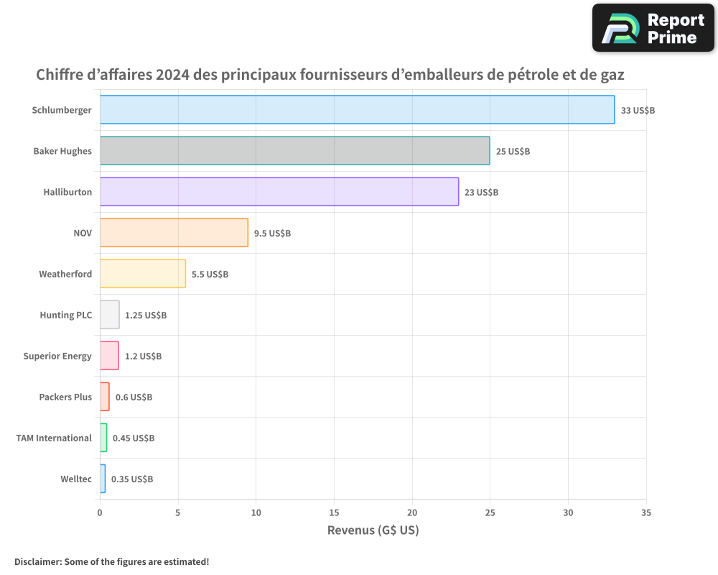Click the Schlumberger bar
pyautogui.click(x=357, y=110)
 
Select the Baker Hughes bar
pyautogui.click(x=294, y=151)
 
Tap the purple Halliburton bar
pyautogui.click(x=279, y=192)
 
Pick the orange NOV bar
pyautogui.click(x=174, y=233)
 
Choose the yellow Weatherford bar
pyautogui.click(x=142, y=274)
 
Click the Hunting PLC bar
pyautogui.click(x=109, y=315)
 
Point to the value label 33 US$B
pyautogui.click(x=638, y=110)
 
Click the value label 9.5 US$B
pyautogui.click(x=272, y=233)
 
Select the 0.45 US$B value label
pyautogui.click(x=134, y=438)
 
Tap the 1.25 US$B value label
pyautogui.click(x=146, y=315)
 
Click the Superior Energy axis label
pyautogui.click(x=57, y=356)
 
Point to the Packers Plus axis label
pyautogui.click(x=65, y=397)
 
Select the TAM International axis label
pyautogui.click(x=54, y=438)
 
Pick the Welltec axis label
pyautogui.click(x=76, y=479)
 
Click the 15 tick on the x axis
pyautogui.click(x=334, y=512)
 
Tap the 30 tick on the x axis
pyautogui.click(x=568, y=512)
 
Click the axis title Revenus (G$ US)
pyautogui.click(x=373, y=530)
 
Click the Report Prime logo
pyautogui.click(x=653, y=28)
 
